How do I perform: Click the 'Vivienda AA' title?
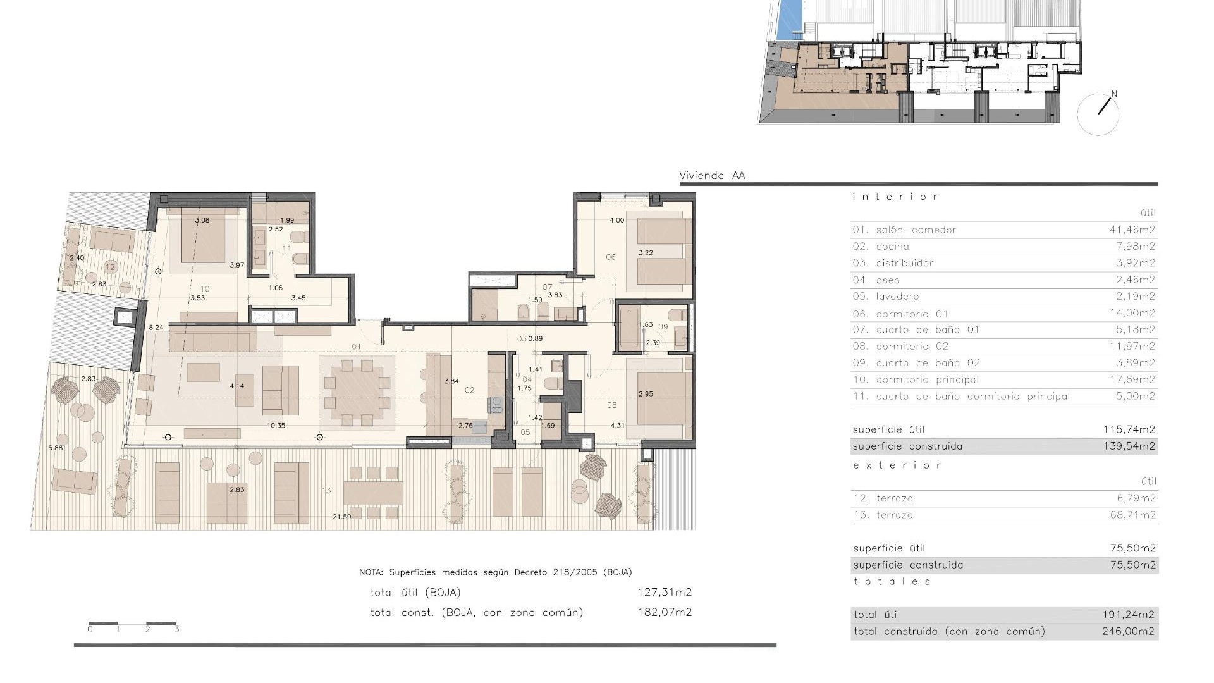point(712,176)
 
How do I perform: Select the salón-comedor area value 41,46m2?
point(1132,230)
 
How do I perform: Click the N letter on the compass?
point(1113,94)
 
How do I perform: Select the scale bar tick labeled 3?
point(176,629)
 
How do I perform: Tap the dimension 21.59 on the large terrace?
point(342,517)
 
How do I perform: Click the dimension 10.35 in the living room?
point(276,426)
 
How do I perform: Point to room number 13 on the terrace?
point(326,491)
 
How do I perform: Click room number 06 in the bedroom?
point(610,257)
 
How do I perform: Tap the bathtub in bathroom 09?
point(630,329)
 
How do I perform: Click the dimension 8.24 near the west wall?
point(156,328)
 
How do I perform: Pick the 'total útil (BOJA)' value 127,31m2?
point(665,593)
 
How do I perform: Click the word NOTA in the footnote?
point(371,572)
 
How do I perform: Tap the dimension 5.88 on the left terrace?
point(56,448)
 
